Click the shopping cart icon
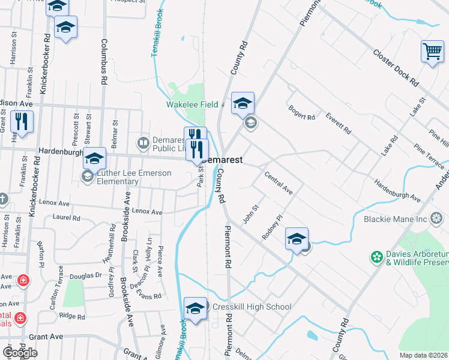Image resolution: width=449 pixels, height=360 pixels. pyautogui.click(x=432, y=52)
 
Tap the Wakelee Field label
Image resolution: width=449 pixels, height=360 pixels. pyautogui.click(x=191, y=104)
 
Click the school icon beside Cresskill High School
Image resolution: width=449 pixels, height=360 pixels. pyautogui.click(x=195, y=308)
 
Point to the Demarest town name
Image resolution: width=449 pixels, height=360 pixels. pyautogui.click(x=223, y=160)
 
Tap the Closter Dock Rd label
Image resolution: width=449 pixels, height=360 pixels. pyautogui.click(x=396, y=66)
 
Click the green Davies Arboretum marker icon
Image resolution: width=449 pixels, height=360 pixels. pyautogui.click(x=376, y=257)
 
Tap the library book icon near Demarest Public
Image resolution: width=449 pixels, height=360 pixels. pyautogui.click(x=143, y=143)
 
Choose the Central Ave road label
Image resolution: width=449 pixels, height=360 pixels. pyautogui.click(x=279, y=183)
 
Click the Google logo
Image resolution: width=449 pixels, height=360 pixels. pyautogui.click(x=20, y=353)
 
